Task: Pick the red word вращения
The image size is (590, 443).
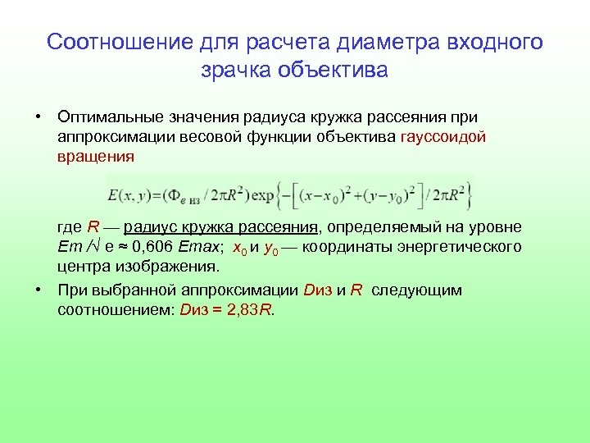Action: coord(96,156)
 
